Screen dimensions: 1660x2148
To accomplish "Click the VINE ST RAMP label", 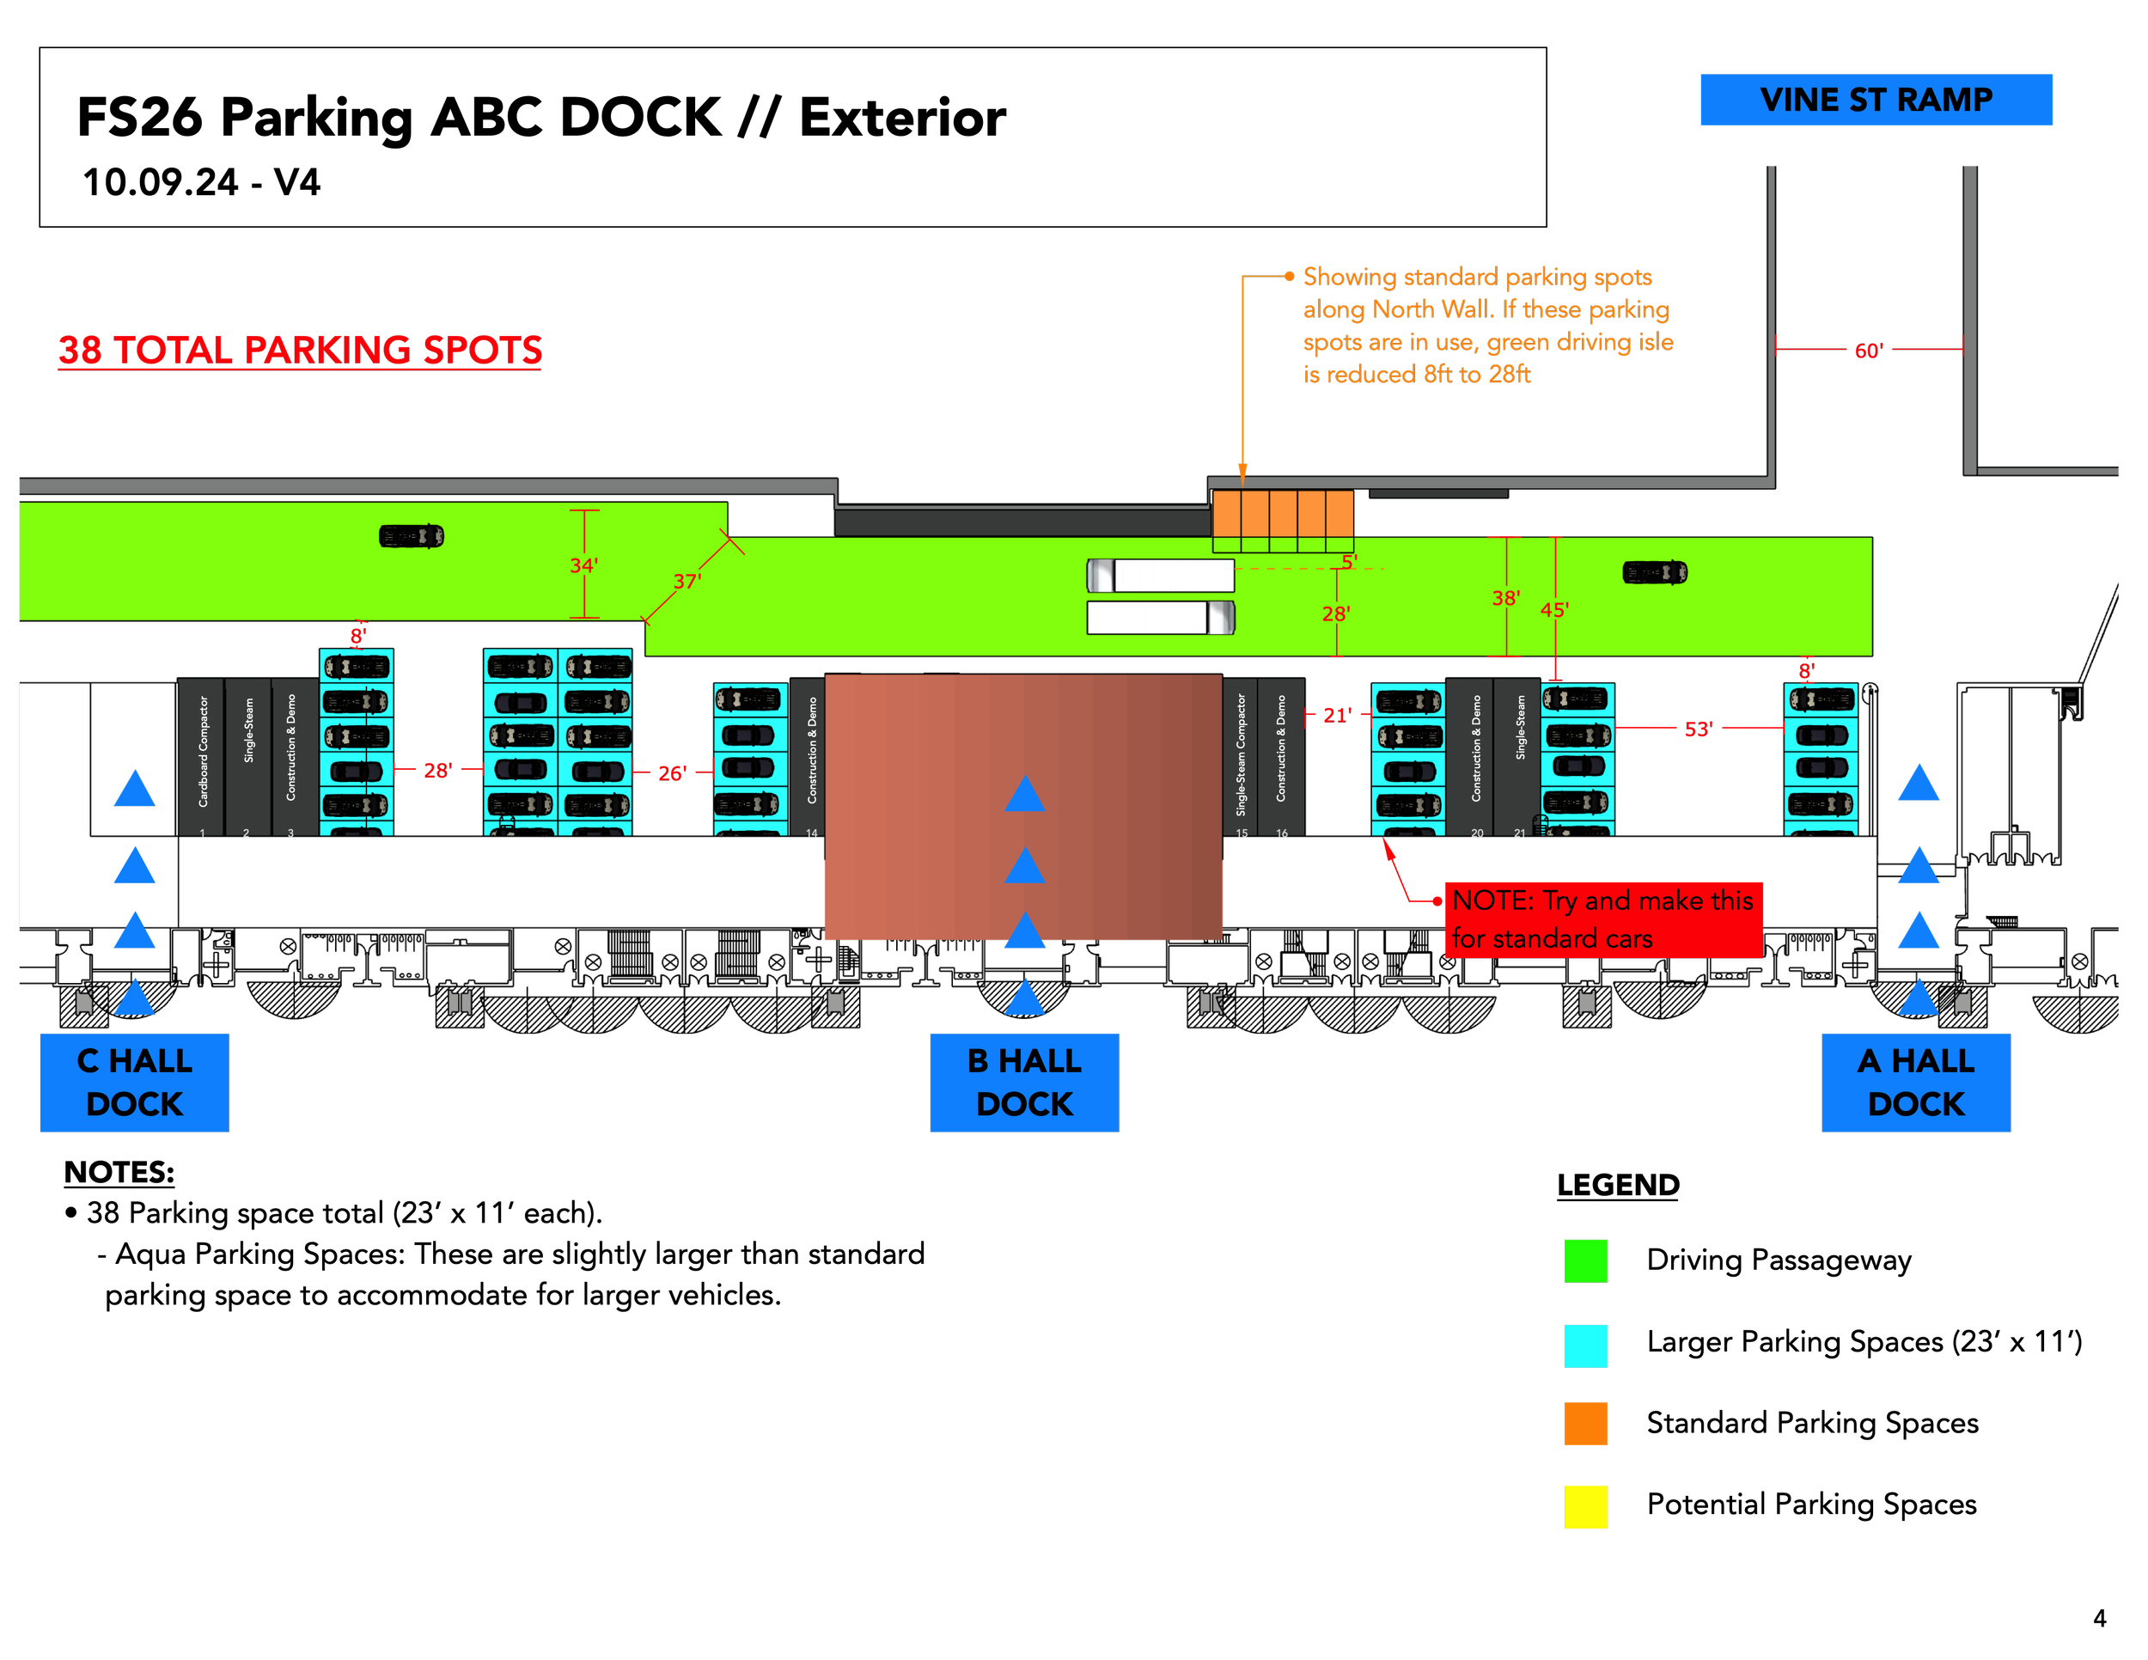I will pos(1876,100).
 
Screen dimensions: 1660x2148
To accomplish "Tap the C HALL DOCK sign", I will pos(135,1082).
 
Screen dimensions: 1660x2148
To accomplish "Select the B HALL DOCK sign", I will pos(1024,1082).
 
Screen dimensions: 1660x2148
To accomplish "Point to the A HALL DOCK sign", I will pos(1915,1082).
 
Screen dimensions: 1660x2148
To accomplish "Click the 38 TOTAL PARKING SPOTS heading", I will pos(300,350).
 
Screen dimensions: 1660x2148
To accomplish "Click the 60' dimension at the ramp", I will pos(1868,350).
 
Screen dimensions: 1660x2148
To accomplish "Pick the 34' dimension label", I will pos(583,565).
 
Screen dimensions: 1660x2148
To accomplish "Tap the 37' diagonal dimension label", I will pos(687,581).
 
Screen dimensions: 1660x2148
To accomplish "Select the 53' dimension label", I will pos(1699,729).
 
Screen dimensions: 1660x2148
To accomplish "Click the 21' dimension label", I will pos(1337,715).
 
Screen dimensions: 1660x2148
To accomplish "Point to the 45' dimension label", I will pos(1554,610).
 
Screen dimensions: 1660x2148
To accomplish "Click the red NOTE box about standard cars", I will pos(1603,919).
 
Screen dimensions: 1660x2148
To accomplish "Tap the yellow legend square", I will pos(1585,1506).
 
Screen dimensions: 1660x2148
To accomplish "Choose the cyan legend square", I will pos(1585,1346).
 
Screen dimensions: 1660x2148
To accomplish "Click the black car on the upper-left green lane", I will pos(411,536).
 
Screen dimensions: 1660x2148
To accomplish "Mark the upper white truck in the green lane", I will pos(1161,576).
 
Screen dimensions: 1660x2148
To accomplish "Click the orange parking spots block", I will pos(1283,512).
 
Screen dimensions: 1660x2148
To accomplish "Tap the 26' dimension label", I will pos(672,773).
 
